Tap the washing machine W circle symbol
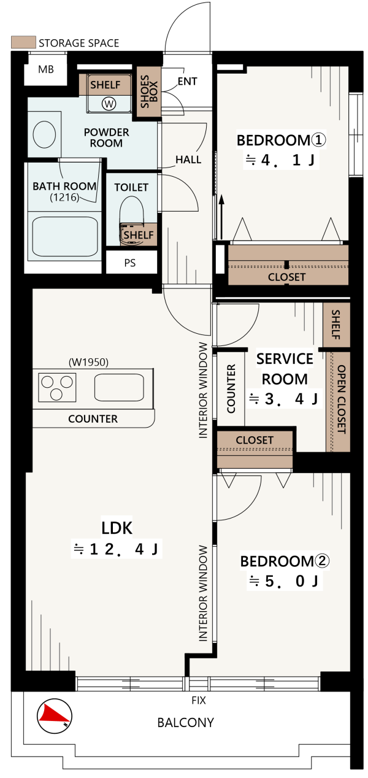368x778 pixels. point(109,104)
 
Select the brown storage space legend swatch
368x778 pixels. point(23,42)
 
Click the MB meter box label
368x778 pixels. point(46,69)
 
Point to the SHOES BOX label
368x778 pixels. point(149,91)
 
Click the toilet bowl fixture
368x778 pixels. point(132,220)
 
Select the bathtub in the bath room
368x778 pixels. point(65,236)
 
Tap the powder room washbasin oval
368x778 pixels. point(44,134)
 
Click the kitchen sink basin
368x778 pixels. point(119,387)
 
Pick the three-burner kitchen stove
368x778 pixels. point(57,388)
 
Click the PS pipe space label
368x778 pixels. point(130,263)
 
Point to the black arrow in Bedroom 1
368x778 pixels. point(221,217)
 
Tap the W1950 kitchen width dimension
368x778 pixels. point(88,362)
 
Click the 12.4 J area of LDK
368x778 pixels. point(117,549)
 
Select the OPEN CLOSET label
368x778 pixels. point(342,399)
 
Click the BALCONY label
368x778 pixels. point(185,722)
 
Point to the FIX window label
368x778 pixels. point(199,700)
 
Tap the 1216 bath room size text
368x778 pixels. point(64,198)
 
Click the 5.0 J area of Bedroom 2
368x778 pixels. point(285,581)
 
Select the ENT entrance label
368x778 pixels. point(188,81)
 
